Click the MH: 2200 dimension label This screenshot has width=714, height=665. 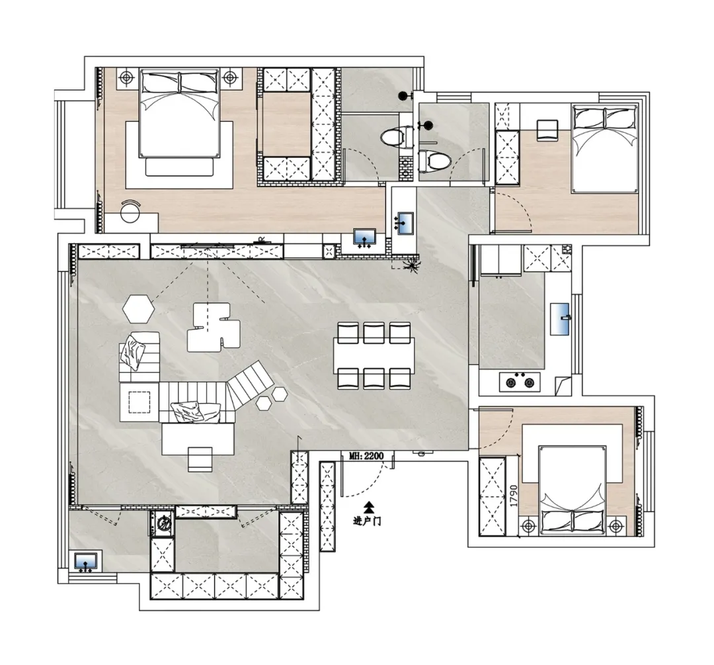pos(366,455)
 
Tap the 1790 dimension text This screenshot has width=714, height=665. pos(514,496)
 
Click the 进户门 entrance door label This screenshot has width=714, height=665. pos(367,521)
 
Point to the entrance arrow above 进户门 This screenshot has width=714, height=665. pos(369,506)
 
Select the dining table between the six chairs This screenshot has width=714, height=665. pos(374,355)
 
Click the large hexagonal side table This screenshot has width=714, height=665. pos(138,308)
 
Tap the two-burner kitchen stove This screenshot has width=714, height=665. pos(520,382)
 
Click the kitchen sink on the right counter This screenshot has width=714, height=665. pos(560,318)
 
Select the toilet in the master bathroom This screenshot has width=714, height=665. pos(393,136)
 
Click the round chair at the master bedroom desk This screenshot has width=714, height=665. pos(130,211)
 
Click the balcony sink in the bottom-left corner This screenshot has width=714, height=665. pos(85,562)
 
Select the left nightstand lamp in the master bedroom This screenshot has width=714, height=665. pos(126,78)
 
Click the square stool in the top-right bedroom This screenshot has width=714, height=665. pos(547,130)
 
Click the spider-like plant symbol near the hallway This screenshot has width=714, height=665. pos(413,265)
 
